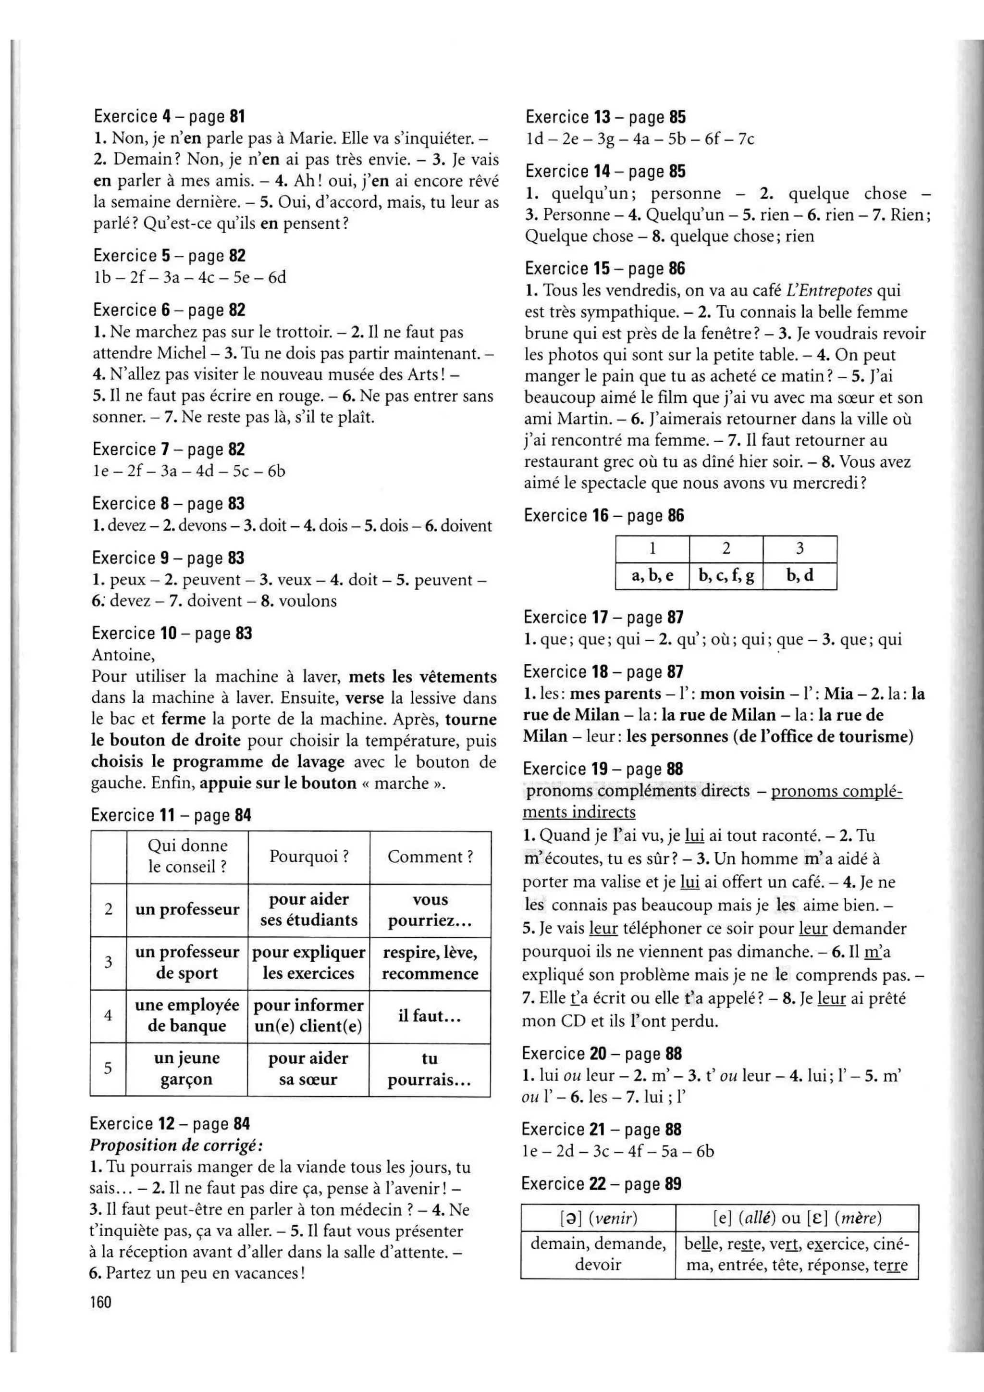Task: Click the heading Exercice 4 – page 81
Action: click(169, 116)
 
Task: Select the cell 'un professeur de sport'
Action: click(187, 962)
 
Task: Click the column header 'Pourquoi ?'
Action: click(309, 857)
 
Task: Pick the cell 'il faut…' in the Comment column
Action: click(430, 1016)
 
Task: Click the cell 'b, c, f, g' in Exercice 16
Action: click(726, 575)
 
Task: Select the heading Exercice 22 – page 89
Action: click(601, 1183)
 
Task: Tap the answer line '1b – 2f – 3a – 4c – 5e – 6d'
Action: click(190, 278)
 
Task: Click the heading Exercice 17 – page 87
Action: click(603, 617)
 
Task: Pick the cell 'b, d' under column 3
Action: click(800, 575)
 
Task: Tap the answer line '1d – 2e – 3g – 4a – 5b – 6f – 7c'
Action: click(640, 139)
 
